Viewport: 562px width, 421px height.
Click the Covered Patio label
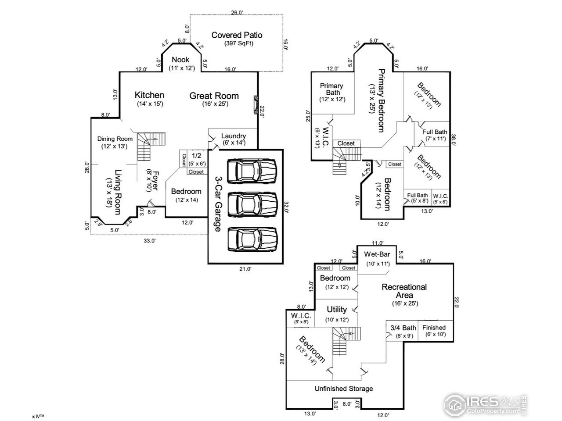[x=237, y=35]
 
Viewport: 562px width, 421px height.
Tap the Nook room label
[x=180, y=60]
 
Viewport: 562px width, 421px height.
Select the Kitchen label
[x=149, y=95]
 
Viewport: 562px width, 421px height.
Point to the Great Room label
[x=214, y=96]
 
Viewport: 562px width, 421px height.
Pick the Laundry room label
[x=233, y=136]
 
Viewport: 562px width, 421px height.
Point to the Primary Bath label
[x=331, y=89]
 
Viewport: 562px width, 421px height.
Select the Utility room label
[x=337, y=310]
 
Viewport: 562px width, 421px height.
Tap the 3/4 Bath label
[x=403, y=328]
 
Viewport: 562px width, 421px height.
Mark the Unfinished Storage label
[x=344, y=389]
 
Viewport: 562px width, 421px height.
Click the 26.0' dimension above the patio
[x=237, y=13]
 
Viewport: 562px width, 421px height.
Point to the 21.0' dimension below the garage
[x=245, y=269]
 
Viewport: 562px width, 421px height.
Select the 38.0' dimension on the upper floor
[x=455, y=139]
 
